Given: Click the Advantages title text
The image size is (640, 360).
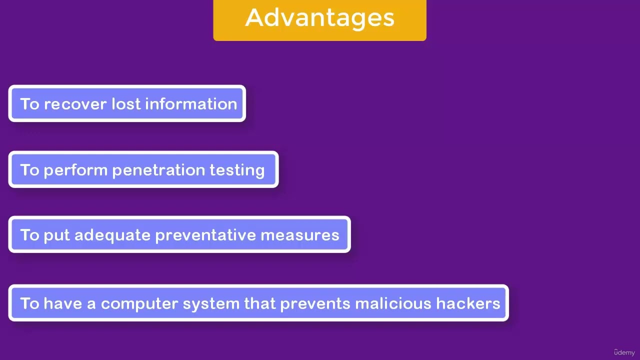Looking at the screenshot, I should coord(319,18).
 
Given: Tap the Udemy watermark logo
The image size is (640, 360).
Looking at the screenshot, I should coord(624,352).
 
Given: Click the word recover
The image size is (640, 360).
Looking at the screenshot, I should coord(75,104).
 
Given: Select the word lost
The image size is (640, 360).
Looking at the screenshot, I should coord(125,104).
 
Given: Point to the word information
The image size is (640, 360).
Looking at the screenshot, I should coord(191,104).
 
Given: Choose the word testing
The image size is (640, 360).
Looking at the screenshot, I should coord(237,170).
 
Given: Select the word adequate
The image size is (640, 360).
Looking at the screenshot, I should coord(112,235).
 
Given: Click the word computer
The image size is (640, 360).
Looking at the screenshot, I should coord(139,304).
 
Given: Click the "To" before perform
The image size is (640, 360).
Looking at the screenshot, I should coord(29,170).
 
